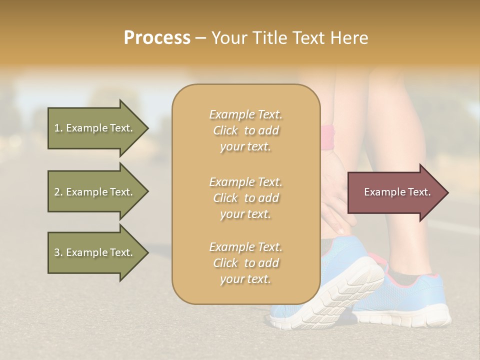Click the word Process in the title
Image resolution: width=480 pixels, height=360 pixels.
157,38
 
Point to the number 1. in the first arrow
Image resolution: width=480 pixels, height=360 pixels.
58,128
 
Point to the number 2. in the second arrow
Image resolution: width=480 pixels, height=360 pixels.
58,192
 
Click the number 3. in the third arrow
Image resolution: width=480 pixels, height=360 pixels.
58,252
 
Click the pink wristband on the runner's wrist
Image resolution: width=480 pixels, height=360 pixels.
328,138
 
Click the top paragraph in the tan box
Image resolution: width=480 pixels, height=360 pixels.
245,130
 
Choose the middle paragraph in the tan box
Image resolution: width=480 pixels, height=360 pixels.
245,198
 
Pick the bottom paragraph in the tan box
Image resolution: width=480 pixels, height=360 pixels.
245,263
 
